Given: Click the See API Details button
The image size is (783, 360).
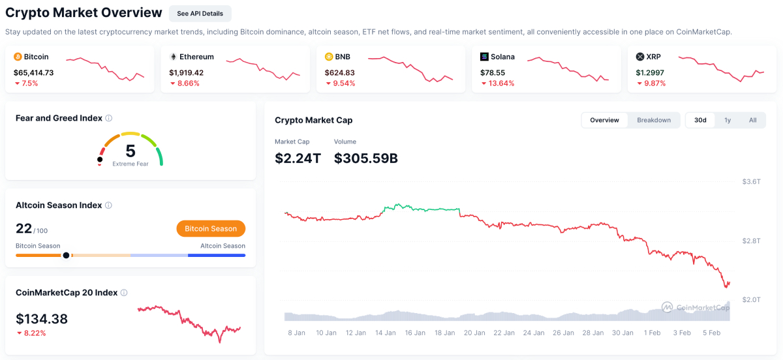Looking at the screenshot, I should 200,14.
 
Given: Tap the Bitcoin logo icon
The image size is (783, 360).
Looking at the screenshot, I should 18,57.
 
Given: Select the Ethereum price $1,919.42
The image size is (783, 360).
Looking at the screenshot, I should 186,72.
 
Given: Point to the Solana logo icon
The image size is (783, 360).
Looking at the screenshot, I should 484,57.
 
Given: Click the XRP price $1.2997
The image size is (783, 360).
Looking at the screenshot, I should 652,72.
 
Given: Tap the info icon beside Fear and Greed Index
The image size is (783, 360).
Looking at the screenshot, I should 109,118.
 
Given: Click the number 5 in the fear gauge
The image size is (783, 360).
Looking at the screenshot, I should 130,151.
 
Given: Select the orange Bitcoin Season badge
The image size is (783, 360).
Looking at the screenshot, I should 211,228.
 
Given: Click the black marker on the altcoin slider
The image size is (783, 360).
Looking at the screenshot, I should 66,255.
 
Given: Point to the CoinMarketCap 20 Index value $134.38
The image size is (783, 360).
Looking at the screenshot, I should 42,319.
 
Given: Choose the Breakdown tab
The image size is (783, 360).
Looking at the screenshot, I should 654,120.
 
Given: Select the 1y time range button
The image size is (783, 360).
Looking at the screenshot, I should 728,120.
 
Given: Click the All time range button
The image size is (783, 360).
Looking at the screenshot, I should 752,120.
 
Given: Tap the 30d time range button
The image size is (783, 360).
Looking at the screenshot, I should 700,120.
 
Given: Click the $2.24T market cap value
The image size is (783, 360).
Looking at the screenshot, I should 298,158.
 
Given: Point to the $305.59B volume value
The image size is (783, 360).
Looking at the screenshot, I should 366,158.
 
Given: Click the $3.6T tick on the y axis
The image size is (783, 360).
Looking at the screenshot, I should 752,181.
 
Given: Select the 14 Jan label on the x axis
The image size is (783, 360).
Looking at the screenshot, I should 386,333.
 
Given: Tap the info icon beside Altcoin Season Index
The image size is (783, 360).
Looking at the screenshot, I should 108,205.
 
